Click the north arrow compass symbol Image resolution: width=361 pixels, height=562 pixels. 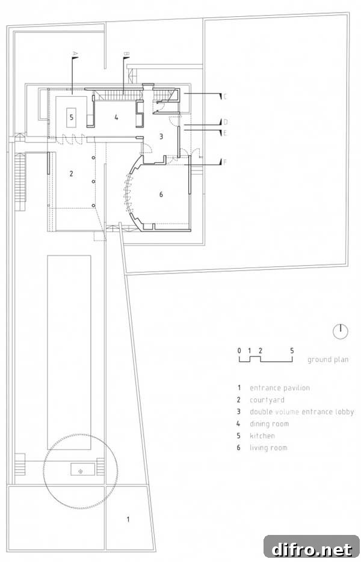340,331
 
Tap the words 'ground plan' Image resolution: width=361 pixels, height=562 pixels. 328,359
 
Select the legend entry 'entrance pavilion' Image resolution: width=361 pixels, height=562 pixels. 280,388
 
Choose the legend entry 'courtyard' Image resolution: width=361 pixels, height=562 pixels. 267,400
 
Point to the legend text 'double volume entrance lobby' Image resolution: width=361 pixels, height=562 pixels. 302,412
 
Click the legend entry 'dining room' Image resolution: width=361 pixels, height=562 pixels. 269,424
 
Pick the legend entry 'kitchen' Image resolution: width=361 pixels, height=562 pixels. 262,436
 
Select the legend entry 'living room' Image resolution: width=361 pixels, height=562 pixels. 268,448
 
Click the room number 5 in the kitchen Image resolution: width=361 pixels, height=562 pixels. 72,117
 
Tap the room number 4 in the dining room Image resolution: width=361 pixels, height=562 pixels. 116,117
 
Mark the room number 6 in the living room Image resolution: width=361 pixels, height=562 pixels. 161,194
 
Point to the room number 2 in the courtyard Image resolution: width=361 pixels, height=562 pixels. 72,174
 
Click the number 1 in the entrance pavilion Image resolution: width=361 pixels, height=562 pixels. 128,519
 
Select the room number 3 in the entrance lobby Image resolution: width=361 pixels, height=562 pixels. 161,136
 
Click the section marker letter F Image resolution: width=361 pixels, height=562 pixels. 225,162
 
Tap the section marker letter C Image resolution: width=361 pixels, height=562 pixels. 225,96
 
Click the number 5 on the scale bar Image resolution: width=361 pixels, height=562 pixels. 292,350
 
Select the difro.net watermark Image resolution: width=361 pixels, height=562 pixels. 312,549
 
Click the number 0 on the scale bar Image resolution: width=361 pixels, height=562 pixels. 239,350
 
